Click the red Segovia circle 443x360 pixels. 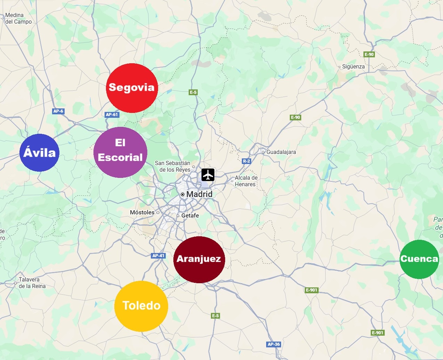click(132, 88)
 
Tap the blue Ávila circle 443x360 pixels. click(40, 153)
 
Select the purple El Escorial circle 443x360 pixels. click(120, 152)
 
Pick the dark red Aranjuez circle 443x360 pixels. click(199, 259)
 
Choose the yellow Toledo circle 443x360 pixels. click(141, 306)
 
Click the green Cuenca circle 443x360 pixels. click(419, 259)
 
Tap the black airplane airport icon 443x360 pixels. click(208, 175)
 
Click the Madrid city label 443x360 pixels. click(199, 194)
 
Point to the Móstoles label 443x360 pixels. click(142, 212)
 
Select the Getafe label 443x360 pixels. click(190, 215)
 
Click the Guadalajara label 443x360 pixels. click(281, 152)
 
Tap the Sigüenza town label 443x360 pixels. click(353, 66)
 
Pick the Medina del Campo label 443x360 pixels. click(18, 18)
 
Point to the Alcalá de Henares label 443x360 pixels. click(246, 181)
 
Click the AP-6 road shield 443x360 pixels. click(58, 111)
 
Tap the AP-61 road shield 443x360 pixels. click(112, 114)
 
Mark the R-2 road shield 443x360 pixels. click(246, 161)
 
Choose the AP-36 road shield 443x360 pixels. click(273, 344)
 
